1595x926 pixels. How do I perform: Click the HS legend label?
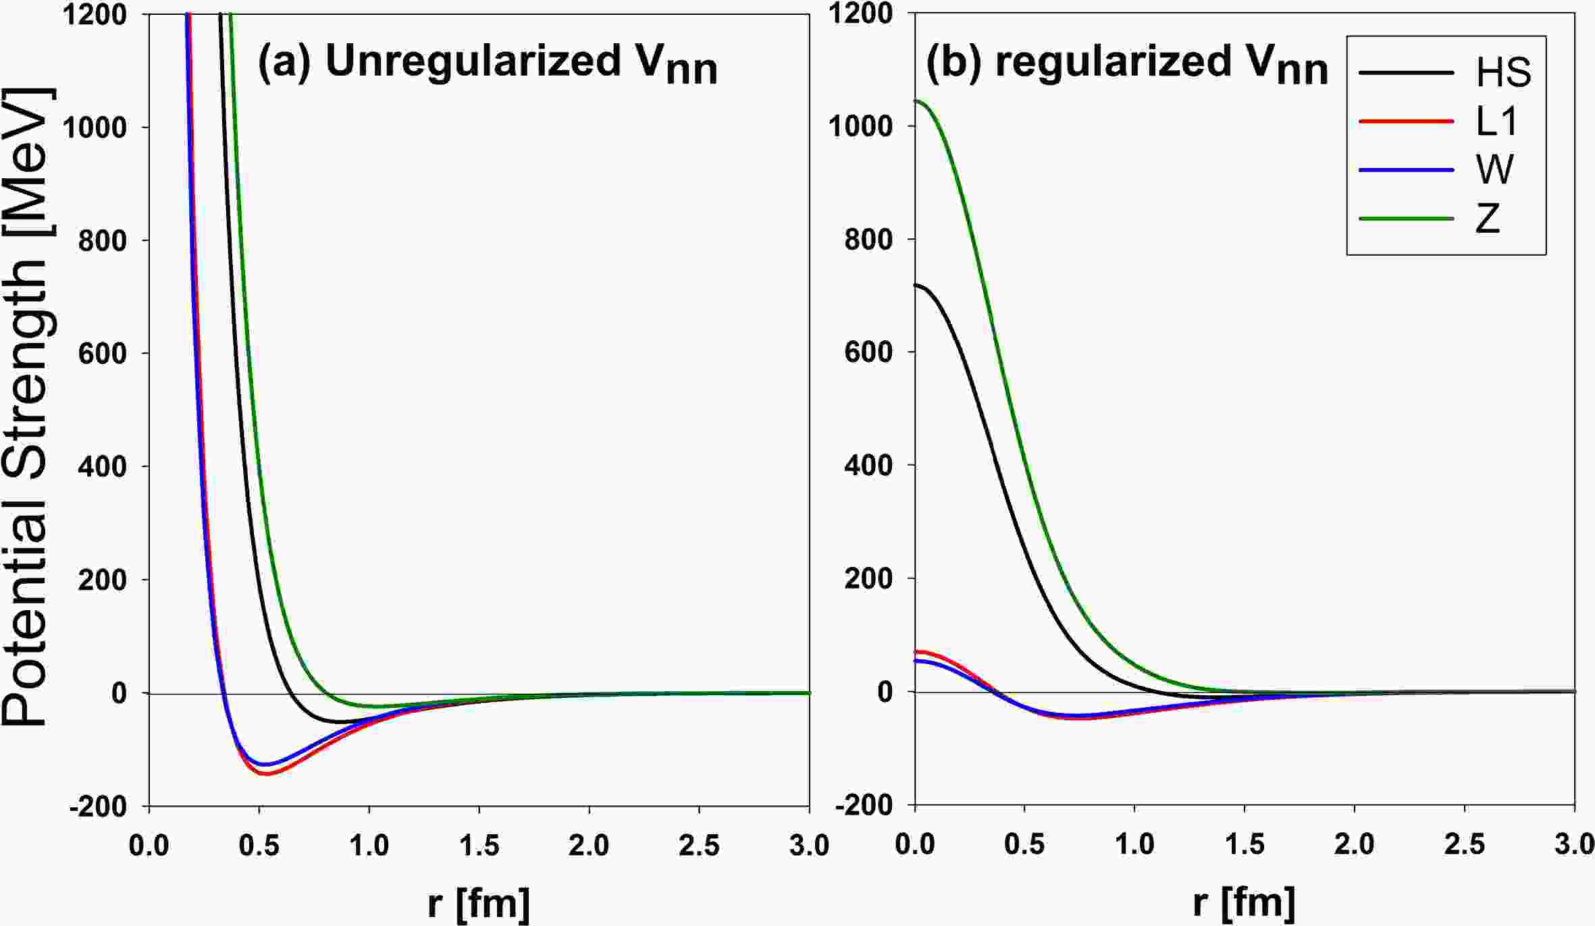1503,73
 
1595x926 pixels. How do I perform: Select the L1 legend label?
1497,122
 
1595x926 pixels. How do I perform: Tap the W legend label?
1495,170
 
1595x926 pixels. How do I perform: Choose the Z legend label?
1488,219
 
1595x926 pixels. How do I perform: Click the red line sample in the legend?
1407,121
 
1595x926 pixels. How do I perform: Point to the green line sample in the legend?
1407,219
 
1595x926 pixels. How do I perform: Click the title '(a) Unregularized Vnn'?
488,63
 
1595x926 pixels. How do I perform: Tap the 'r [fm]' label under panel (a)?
479,903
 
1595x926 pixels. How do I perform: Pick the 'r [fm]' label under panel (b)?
1244,903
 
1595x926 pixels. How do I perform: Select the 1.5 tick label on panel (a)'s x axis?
479,845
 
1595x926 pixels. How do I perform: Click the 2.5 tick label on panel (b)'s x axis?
1465,845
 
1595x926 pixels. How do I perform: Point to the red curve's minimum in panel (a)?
267,774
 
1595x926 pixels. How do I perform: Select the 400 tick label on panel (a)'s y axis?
102,466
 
